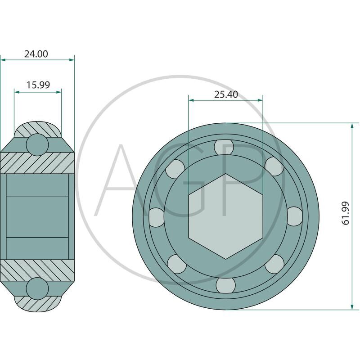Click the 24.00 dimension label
(x=36, y=54)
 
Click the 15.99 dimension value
(x=38, y=85)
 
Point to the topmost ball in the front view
(x=224, y=147)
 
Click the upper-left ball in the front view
(x=175, y=169)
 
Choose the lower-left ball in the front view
(x=177, y=264)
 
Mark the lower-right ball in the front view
(x=274, y=264)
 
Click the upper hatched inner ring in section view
(x=37, y=162)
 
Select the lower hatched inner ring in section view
(x=37, y=270)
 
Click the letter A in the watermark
(x=126, y=180)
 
